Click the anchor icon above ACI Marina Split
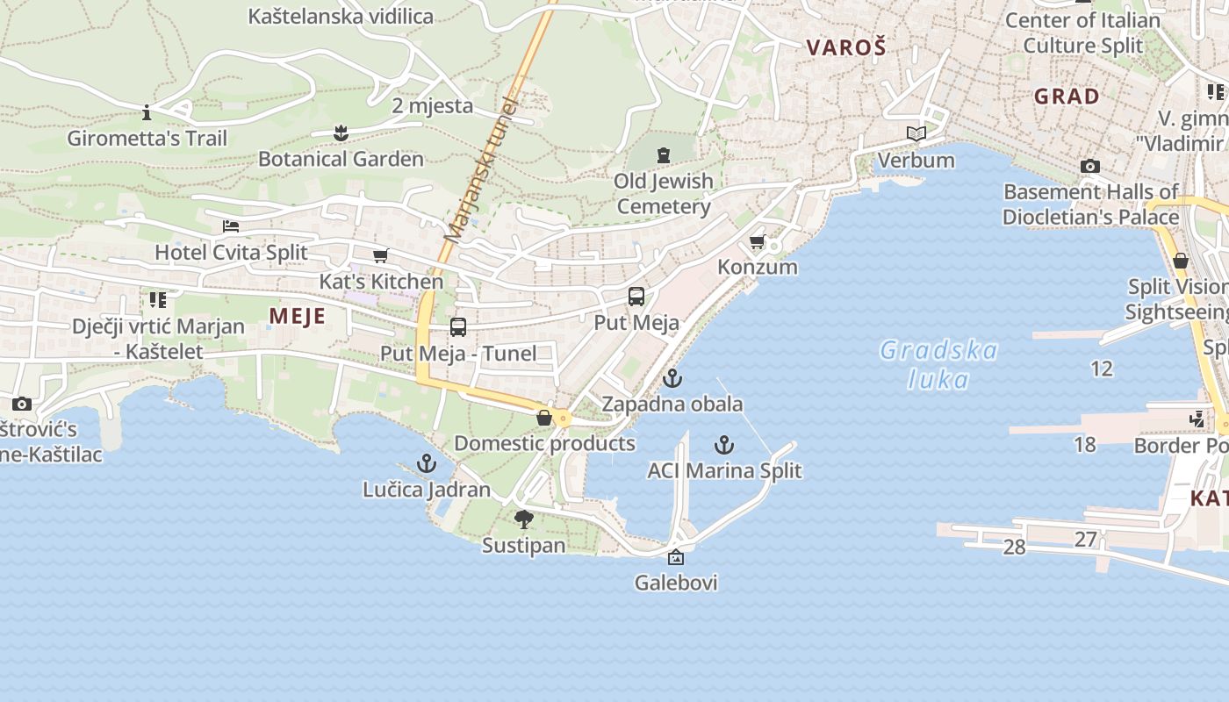[724, 445]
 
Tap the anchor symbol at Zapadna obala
[672, 379]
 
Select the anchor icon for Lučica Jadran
[427, 463]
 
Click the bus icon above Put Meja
[636, 297]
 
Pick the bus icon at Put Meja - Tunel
[458, 327]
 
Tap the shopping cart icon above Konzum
[757, 241]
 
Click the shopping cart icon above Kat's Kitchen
[380, 255]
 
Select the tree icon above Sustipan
[524, 519]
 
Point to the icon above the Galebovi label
[676, 557]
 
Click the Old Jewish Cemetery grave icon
[664, 155]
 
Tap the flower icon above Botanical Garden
[341, 133]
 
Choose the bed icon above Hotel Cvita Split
[231, 226]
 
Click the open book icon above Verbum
[916, 134]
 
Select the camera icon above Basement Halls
[1090, 166]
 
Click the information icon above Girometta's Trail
[147, 112]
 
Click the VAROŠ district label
[846, 47]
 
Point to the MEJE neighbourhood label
[297, 316]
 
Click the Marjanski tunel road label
[482, 171]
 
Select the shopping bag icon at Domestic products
[544, 418]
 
